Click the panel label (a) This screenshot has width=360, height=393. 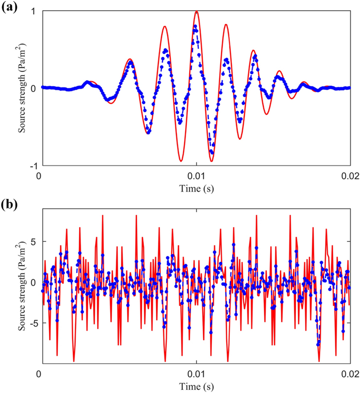click(x=10, y=7)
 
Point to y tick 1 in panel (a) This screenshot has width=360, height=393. click(x=33, y=11)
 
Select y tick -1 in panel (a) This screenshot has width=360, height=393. click(x=32, y=166)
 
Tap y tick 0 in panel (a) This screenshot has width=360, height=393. click(x=33, y=88)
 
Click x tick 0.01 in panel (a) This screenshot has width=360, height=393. click(x=196, y=175)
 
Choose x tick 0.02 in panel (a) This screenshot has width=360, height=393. click(x=350, y=175)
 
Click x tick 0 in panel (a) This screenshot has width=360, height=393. click(x=40, y=175)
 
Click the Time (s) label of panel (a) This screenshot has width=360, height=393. click(x=195, y=188)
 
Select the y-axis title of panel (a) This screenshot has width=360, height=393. click(x=23, y=88)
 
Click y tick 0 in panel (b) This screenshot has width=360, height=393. click(x=33, y=283)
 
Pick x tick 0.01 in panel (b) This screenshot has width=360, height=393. click(x=196, y=372)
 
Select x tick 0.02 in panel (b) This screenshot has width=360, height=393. click(x=350, y=372)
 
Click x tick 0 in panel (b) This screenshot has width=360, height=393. click(x=40, y=372)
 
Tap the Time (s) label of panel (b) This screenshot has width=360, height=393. click(x=195, y=385)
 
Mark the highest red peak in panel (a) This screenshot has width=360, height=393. click(x=196, y=11)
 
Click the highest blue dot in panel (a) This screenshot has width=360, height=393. click(x=195, y=26)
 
